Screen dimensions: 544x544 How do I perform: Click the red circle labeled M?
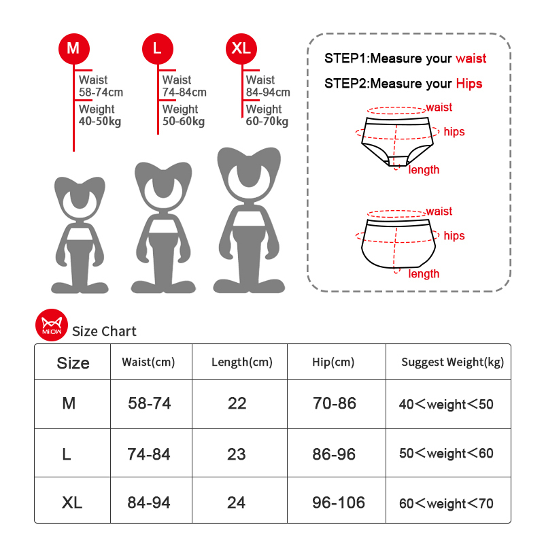tap(73, 49)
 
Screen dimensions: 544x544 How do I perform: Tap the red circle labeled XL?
tap(241, 49)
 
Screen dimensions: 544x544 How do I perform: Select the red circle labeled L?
tap(158, 49)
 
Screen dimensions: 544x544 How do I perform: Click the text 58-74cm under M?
tap(101, 92)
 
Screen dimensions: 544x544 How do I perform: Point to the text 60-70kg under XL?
tap(267, 122)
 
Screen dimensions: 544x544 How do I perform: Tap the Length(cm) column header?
tap(241, 362)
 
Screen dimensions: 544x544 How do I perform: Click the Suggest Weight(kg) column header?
tap(452, 362)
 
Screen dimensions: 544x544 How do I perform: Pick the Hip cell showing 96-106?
tap(339, 503)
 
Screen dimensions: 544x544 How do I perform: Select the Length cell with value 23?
tap(237, 454)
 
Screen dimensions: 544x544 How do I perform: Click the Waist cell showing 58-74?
tap(150, 404)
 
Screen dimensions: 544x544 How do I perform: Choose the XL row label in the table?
tap(72, 503)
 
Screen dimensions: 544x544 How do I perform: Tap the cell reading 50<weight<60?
tap(446, 454)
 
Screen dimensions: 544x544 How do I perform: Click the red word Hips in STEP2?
tap(469, 84)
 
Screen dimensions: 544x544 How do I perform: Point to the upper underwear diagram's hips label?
tap(454, 131)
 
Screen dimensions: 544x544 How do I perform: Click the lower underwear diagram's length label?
tap(424, 274)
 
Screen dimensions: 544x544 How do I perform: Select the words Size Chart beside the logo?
tap(104, 332)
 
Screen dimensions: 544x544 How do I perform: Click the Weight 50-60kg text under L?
tap(183, 116)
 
